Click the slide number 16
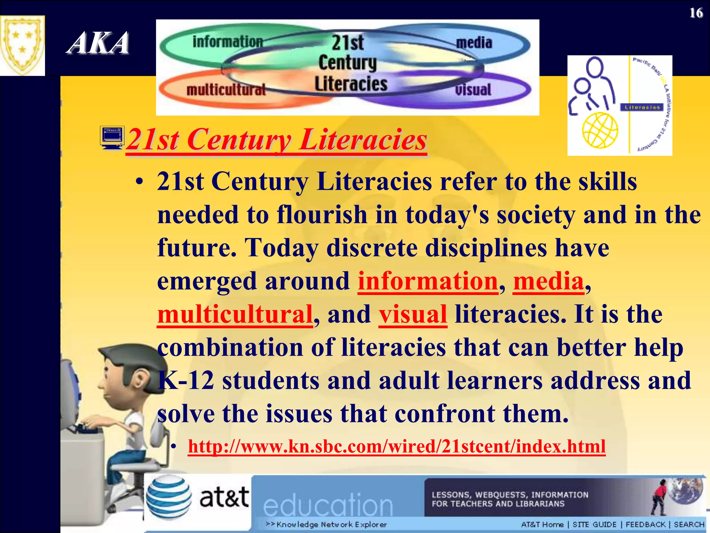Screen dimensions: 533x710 696,13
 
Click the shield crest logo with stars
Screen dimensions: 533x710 22,45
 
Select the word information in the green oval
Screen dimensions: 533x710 228,42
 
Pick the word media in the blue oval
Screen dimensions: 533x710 474,43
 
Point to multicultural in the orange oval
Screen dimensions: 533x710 226,90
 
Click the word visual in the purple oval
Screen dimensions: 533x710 473,90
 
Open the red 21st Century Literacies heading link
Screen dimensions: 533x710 276,140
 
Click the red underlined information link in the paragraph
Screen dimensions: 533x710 428,281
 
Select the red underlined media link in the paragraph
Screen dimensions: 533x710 548,281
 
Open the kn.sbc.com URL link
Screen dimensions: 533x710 397,446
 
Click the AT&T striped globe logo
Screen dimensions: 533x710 169,497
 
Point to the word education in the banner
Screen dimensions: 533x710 328,505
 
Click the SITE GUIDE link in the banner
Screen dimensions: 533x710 594,524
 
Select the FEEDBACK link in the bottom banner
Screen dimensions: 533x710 645,524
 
